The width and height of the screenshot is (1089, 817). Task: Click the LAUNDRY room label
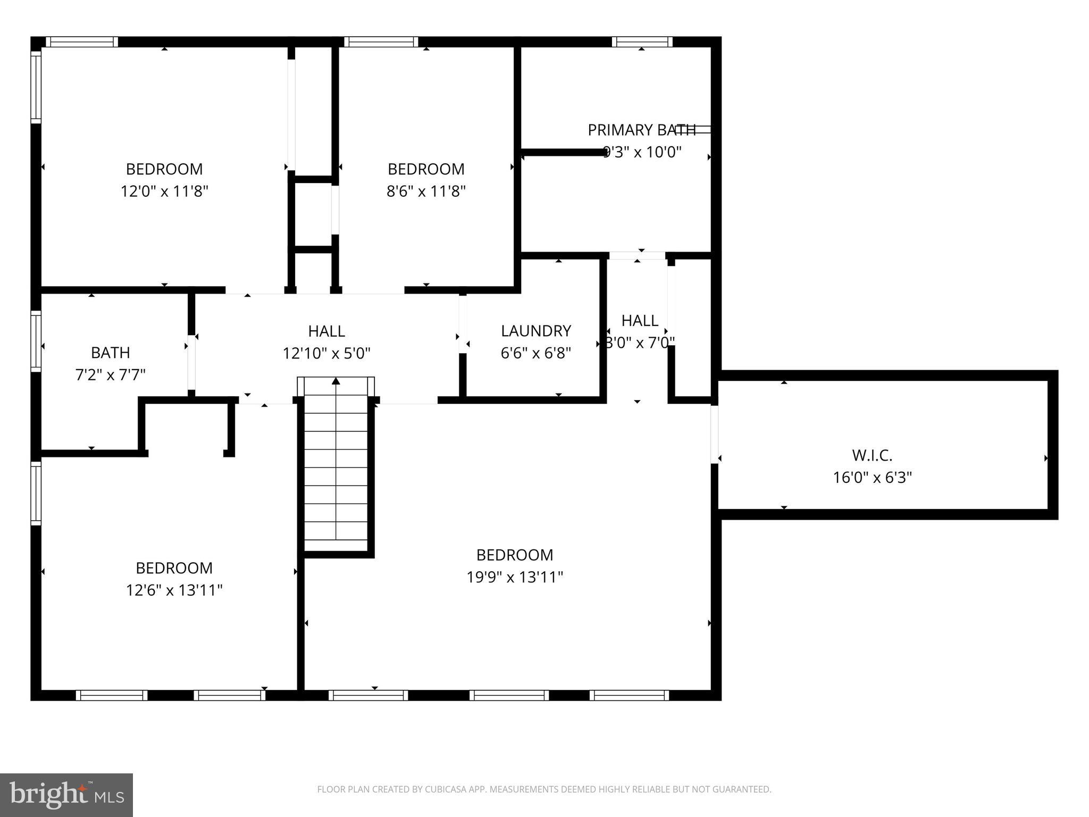click(x=535, y=331)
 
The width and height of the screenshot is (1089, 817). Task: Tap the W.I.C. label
click(x=872, y=455)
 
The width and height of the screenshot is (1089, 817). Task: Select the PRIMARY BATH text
click(x=641, y=130)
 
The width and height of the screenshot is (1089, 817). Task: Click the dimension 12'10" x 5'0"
click(x=326, y=353)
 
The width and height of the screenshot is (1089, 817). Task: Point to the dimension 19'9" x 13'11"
click(x=514, y=577)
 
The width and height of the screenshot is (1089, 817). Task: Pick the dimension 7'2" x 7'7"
click(x=110, y=375)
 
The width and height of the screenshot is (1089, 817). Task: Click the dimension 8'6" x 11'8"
click(x=426, y=191)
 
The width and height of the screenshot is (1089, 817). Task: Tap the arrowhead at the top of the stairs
click(x=336, y=381)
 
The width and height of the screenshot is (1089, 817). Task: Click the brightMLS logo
click(x=66, y=795)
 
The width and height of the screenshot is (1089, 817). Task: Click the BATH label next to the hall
click(x=110, y=353)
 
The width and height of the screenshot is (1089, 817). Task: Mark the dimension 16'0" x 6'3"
click(x=872, y=478)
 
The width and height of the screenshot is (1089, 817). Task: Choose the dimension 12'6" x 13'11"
click(x=174, y=590)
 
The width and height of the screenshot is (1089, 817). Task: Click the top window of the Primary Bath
click(x=642, y=42)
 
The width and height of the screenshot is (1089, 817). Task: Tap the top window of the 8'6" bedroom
click(x=381, y=42)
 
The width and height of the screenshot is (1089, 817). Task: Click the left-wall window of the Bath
click(x=36, y=340)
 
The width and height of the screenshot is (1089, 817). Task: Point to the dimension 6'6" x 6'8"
click(x=535, y=353)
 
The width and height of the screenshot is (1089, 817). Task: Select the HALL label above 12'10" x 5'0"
click(x=326, y=331)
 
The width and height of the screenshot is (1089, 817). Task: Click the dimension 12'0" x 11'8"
click(x=164, y=191)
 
